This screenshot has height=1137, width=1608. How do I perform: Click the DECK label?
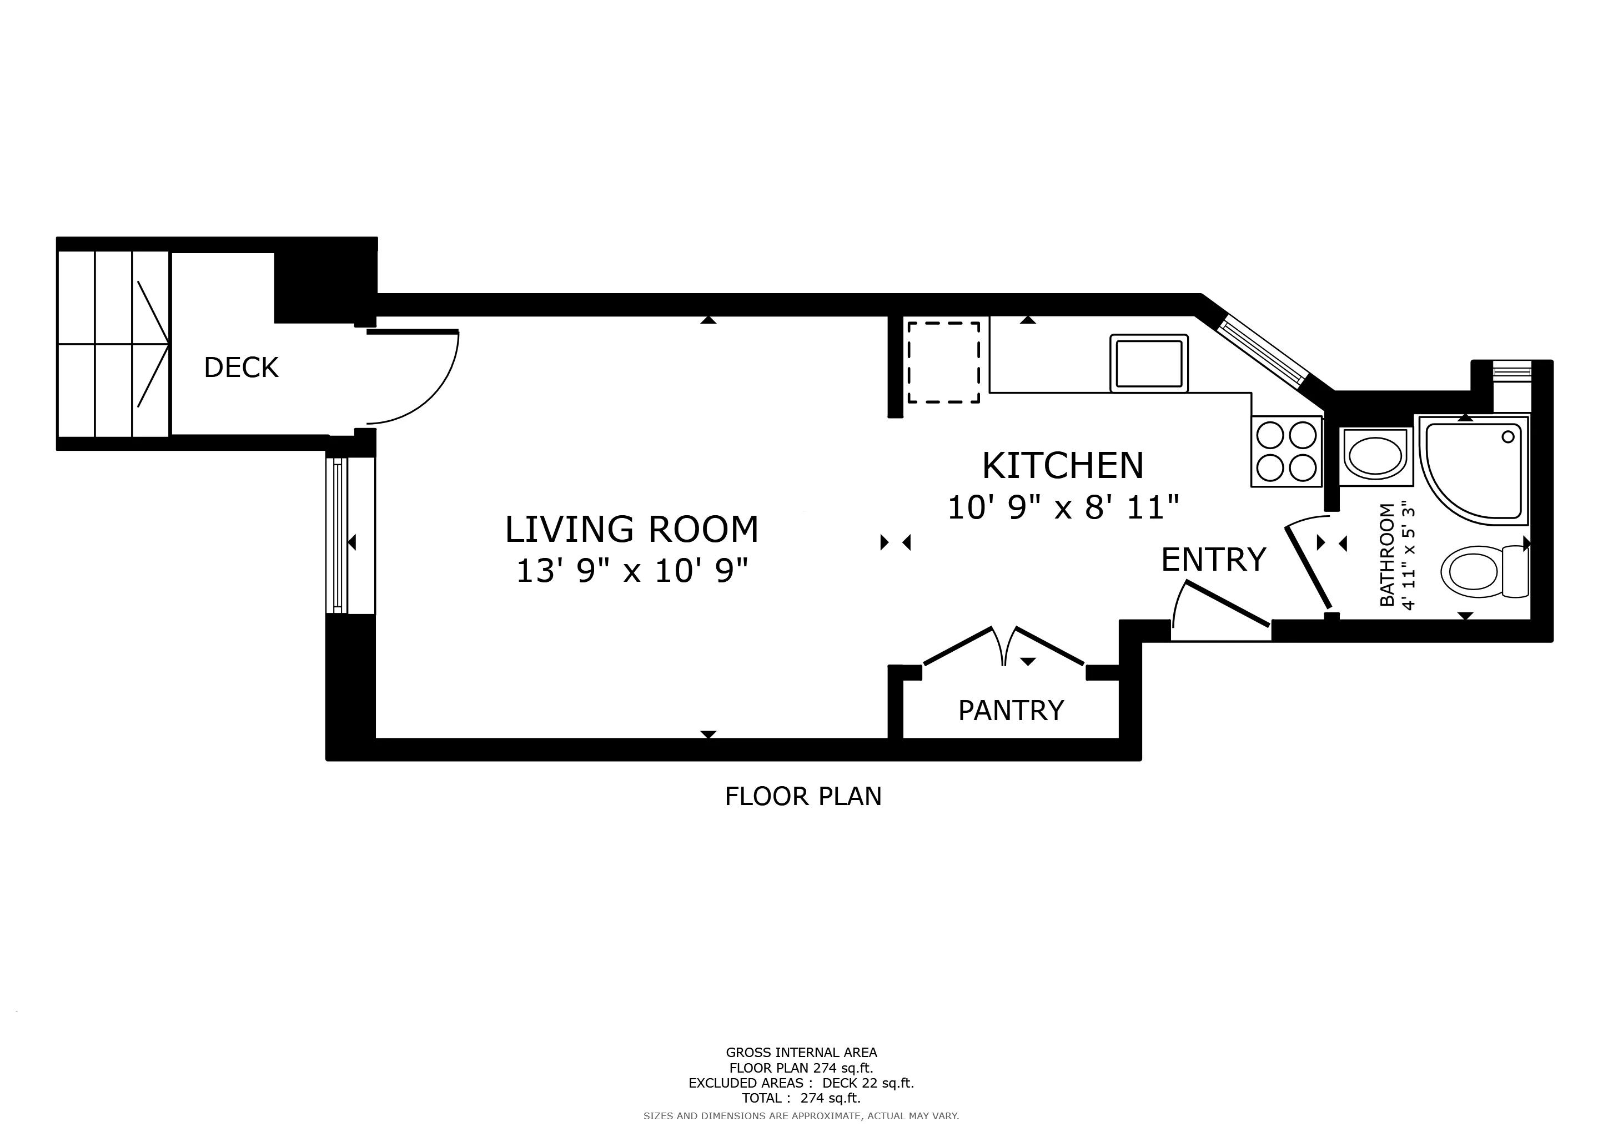point(241,368)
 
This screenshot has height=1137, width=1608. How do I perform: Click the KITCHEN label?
point(1062,466)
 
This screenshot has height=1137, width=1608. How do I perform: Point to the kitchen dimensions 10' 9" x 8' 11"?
point(1062,507)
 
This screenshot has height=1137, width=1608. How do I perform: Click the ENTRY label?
point(1213,560)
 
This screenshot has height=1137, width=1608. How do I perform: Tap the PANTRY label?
point(1011,711)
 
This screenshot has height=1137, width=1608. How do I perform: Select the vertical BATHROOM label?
point(1386,555)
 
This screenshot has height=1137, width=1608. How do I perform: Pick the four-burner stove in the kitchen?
point(1286,451)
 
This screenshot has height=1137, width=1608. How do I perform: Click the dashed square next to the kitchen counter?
point(943,362)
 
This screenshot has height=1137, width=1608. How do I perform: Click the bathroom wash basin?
point(1375,456)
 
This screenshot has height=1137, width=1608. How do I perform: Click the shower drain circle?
point(1508,437)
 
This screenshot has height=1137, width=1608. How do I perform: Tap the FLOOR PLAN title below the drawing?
point(802,797)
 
